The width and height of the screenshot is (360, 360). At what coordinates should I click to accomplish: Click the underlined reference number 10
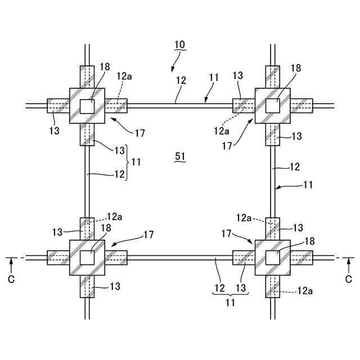[179, 44]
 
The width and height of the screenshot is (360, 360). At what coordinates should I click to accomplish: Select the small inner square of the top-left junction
[87, 105]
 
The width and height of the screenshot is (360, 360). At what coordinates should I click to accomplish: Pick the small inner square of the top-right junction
[273, 105]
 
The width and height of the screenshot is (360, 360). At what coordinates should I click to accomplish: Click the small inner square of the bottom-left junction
[87, 258]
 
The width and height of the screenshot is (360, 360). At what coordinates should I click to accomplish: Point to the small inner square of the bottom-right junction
[273, 258]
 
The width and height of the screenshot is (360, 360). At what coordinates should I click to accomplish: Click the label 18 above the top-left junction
[105, 66]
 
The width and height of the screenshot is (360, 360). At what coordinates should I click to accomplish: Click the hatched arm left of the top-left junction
[57, 105]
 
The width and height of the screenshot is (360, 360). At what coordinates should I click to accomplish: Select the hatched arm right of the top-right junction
[301, 105]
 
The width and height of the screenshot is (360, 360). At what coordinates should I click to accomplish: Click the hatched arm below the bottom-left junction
[87, 286]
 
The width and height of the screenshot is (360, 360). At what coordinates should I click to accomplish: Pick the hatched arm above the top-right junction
[273, 76]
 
